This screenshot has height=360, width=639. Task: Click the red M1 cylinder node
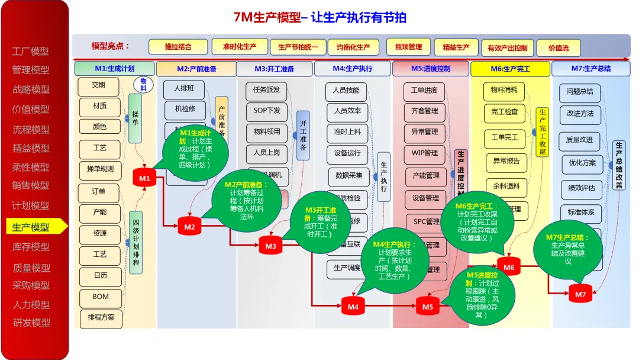[x=144, y=178]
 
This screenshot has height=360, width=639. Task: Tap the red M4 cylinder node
[x=353, y=306]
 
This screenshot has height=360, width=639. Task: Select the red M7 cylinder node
[x=580, y=294]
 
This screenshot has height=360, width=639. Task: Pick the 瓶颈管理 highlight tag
[x=408, y=47]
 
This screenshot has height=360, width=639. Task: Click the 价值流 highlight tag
[x=559, y=48]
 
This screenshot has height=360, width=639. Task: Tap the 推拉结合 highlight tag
[x=178, y=47]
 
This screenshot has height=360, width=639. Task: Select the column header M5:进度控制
[x=430, y=69]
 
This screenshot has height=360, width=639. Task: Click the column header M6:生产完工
[x=510, y=69]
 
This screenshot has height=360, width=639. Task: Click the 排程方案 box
[x=101, y=317]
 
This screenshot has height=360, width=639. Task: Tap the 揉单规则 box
[x=101, y=168]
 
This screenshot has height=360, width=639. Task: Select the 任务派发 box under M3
[x=266, y=91]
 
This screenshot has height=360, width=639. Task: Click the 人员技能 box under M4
[x=346, y=91]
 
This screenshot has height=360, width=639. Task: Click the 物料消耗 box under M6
[x=504, y=91]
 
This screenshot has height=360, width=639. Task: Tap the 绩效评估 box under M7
[x=582, y=189]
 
